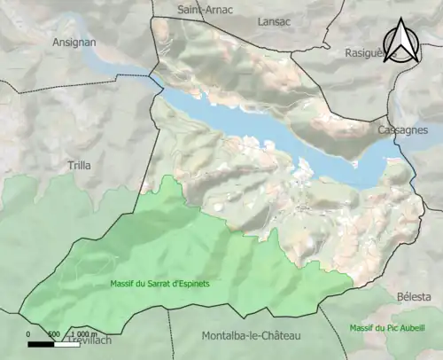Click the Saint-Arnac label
[205, 10]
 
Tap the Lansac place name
[274, 20]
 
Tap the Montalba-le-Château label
[252, 336]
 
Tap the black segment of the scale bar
[41, 342]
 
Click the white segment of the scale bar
[66, 342]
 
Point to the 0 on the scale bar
[28, 334]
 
